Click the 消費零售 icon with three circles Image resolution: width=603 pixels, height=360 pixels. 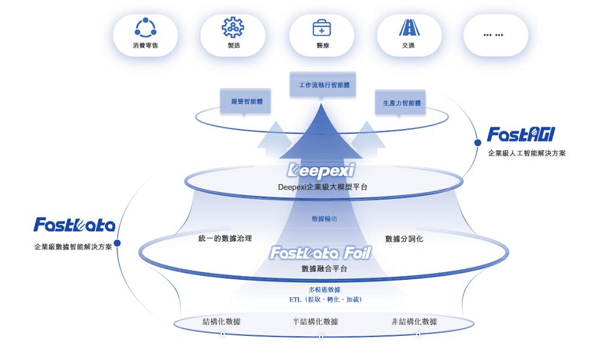click(x=145, y=28)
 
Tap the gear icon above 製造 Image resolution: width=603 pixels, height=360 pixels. click(x=233, y=28)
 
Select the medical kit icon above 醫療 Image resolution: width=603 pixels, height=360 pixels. click(x=321, y=28)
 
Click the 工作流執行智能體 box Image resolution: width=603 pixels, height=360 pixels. click(x=324, y=85)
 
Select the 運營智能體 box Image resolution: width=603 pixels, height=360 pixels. click(x=246, y=102)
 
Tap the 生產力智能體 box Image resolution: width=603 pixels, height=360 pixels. click(x=400, y=103)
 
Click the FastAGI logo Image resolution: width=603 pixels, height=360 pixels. click(x=520, y=134)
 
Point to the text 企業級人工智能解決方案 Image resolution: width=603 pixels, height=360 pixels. click(x=527, y=153)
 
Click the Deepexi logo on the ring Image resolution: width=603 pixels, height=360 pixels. click(x=322, y=169)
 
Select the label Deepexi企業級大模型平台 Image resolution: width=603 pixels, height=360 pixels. click(x=322, y=187)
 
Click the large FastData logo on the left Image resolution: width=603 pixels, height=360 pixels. click(x=74, y=226)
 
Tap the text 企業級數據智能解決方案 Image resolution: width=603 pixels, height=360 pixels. click(x=73, y=247)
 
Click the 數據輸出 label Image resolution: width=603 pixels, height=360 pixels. click(x=324, y=219)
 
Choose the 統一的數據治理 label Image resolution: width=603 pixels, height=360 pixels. click(x=225, y=239)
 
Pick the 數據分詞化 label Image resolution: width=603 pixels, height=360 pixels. click(x=404, y=239)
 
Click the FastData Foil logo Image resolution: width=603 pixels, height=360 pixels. click(x=320, y=253)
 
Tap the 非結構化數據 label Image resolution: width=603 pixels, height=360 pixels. click(x=414, y=321)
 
